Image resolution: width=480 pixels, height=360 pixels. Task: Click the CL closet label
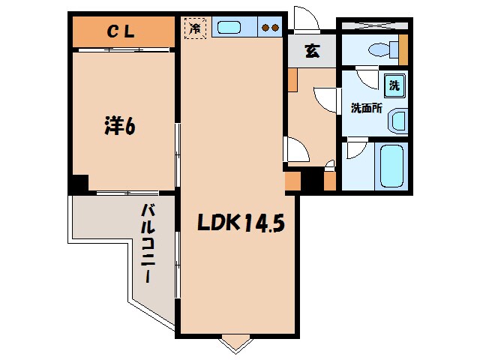pyautogui.click(x=121, y=31)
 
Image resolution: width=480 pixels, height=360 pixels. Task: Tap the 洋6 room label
pyautogui.click(x=120, y=125)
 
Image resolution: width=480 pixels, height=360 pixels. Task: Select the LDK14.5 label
pyautogui.click(x=241, y=222)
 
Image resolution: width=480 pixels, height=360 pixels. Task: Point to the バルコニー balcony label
pyautogui.click(x=148, y=243)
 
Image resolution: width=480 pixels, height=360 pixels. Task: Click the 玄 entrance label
pyautogui.click(x=313, y=51)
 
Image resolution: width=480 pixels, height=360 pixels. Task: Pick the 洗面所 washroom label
pyautogui.click(x=367, y=108)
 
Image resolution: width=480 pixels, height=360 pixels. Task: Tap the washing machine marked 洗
pyautogui.click(x=394, y=85)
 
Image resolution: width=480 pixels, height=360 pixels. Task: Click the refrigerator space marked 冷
pyautogui.click(x=195, y=28)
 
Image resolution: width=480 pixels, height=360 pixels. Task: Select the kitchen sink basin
pyautogui.click(x=229, y=28)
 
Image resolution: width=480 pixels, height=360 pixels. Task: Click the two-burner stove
pyautogui.click(x=269, y=27)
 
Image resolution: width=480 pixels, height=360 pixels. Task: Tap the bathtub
pyautogui.click(x=391, y=166)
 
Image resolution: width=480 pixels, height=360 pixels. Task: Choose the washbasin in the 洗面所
pyautogui.click(x=397, y=121)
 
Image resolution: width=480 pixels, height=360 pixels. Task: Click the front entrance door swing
pyautogui.click(x=307, y=19)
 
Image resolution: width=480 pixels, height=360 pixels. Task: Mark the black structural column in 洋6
pyautogui.click(x=80, y=183)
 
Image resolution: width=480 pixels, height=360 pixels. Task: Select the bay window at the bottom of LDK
pyautogui.click(x=236, y=344)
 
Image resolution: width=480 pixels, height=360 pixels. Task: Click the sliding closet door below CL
pyautogui.click(x=124, y=49)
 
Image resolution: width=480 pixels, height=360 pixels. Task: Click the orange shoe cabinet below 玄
pyautogui.click(x=293, y=80)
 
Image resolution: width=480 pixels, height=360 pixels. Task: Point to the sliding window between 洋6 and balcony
pyautogui.click(x=127, y=193)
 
